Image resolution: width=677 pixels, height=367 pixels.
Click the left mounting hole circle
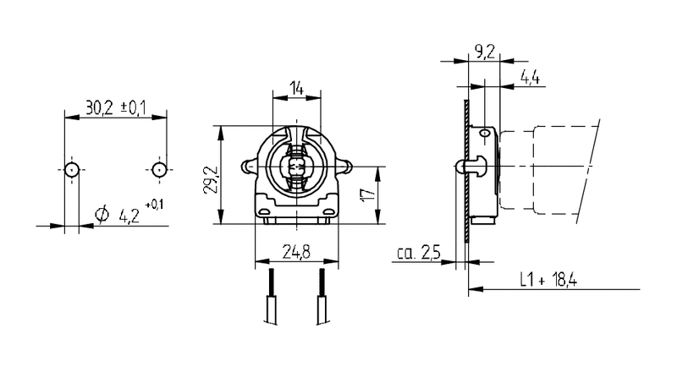[72, 169]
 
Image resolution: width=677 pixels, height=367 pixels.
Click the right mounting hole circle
[158, 169]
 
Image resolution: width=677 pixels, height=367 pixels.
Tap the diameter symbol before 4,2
[102, 215]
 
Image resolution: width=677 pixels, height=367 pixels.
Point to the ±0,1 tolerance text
[134, 107]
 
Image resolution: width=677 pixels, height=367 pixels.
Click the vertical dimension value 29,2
[209, 178]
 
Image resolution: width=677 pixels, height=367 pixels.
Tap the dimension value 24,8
[295, 250]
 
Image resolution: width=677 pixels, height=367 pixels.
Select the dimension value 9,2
[486, 53]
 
